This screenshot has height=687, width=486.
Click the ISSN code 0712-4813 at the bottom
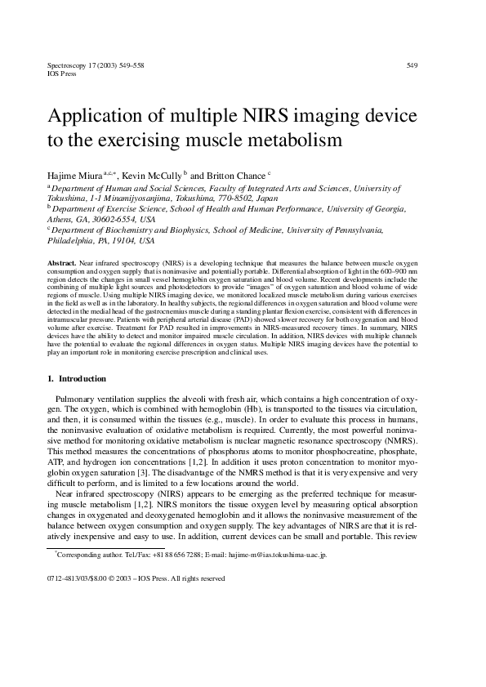pyautogui.click(x=66, y=578)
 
